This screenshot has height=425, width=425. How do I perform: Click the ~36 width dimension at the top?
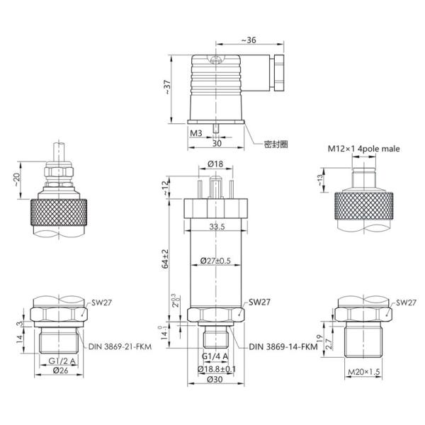tap(249, 40)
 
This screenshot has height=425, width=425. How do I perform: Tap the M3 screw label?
tap(196, 132)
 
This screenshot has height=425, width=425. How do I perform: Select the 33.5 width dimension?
tap(217, 227)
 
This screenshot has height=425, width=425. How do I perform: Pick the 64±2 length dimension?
tap(166, 259)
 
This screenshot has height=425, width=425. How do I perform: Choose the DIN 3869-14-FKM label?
tap(283, 346)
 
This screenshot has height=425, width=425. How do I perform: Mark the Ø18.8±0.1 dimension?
tap(217, 368)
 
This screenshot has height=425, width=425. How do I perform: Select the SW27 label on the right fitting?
tap(406, 302)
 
